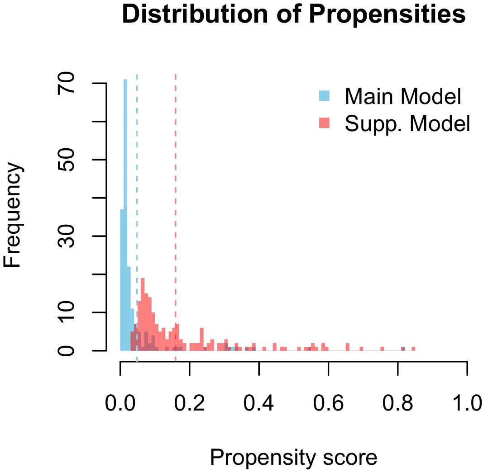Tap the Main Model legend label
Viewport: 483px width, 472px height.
[402, 96]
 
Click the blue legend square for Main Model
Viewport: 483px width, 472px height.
[324, 96]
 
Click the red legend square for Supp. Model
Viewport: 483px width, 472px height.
[324, 122]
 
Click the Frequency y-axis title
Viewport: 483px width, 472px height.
[13, 216]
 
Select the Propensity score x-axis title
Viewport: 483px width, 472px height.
[293, 458]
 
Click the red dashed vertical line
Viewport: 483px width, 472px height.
[175, 203]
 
